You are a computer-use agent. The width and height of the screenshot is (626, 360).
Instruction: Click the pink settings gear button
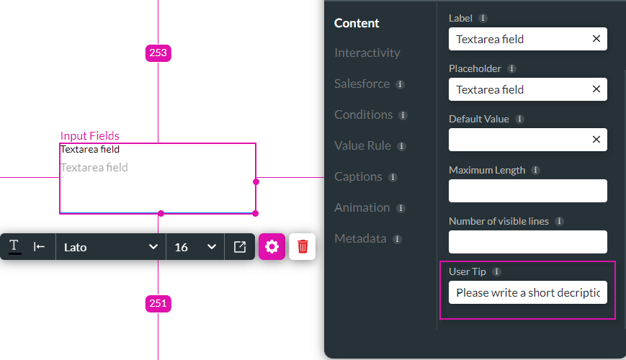(x=272, y=246)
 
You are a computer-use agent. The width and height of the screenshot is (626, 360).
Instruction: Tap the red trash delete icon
(x=303, y=246)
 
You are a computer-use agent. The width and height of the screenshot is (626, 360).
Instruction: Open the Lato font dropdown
(x=110, y=247)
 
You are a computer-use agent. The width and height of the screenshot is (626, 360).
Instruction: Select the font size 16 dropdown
(x=194, y=247)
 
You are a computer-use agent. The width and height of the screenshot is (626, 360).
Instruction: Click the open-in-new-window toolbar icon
(x=240, y=247)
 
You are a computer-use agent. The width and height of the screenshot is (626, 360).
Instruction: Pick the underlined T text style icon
(x=14, y=246)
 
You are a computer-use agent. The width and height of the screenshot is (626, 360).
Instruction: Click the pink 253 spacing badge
(x=158, y=53)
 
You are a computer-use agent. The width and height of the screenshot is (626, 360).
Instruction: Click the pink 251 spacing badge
(x=158, y=303)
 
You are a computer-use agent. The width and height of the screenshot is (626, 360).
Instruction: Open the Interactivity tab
(x=367, y=53)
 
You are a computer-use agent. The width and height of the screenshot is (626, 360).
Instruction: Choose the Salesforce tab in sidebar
(x=362, y=84)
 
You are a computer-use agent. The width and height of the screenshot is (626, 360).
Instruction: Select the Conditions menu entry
(x=363, y=114)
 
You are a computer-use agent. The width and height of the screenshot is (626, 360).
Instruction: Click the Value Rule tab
(x=362, y=145)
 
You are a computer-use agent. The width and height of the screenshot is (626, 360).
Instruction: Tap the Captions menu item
(x=358, y=176)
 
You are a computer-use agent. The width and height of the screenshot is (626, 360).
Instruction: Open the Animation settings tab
(x=362, y=207)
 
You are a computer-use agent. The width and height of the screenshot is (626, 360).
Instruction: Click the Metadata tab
(x=361, y=238)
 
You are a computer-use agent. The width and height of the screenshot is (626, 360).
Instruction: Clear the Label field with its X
(x=596, y=39)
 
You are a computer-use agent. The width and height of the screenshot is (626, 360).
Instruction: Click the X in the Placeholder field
(x=596, y=89)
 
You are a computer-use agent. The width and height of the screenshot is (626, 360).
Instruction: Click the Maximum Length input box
(x=527, y=191)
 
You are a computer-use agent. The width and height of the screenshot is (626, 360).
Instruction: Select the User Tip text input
(x=527, y=293)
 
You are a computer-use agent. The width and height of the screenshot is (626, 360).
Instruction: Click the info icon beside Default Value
(x=519, y=119)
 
